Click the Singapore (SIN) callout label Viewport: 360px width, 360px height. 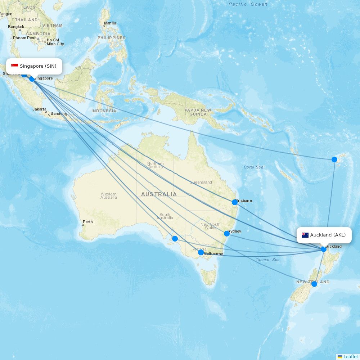coord(34,66)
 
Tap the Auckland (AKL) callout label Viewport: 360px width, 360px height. coord(324,235)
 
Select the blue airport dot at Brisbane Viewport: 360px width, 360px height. coord(235,202)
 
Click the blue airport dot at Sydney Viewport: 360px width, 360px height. coord(227,234)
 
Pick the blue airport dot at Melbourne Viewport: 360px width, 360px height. coord(201,252)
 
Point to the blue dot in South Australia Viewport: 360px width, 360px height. coord(175,239)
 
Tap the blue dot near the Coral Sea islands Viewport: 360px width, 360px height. coord(334,159)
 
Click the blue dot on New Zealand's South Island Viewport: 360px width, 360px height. coord(314,284)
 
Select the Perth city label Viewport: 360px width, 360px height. coord(87,222)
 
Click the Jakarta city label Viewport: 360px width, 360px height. coord(39,109)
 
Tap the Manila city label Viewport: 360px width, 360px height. coord(110,23)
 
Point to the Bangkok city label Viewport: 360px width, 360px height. coord(16,27)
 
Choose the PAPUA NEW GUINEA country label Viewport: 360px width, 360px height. coord(198,112)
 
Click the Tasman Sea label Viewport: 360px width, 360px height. coord(267,260)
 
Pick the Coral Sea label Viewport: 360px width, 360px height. coord(253,167)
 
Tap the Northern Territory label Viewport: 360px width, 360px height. coord(155,165)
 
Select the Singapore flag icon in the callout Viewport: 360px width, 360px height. coord(15,66)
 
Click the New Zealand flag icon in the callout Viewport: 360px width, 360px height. coord(305,235)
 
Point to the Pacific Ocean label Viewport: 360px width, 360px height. coord(248,4)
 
